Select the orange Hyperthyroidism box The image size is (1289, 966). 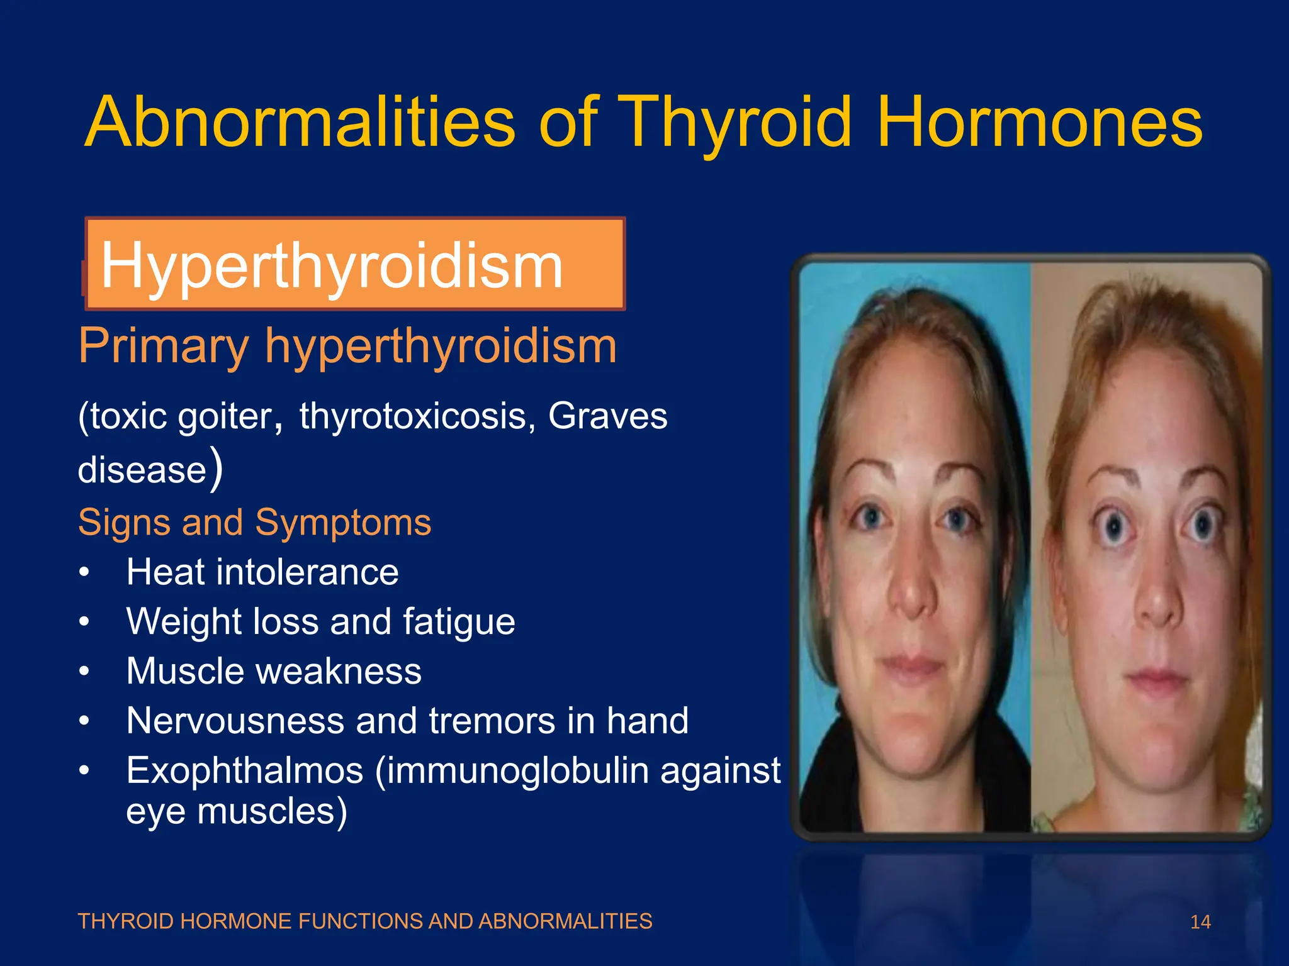click(356, 264)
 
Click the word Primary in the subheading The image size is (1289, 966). click(164, 347)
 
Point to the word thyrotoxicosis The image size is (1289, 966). click(412, 416)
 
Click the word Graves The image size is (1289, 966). click(607, 416)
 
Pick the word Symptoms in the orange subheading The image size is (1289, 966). click(343, 522)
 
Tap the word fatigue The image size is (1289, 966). click(459, 623)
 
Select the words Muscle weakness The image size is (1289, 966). click(274, 671)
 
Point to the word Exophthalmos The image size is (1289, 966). click(245, 771)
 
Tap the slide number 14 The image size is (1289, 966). click(1200, 922)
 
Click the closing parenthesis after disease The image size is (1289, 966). click(216, 469)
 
